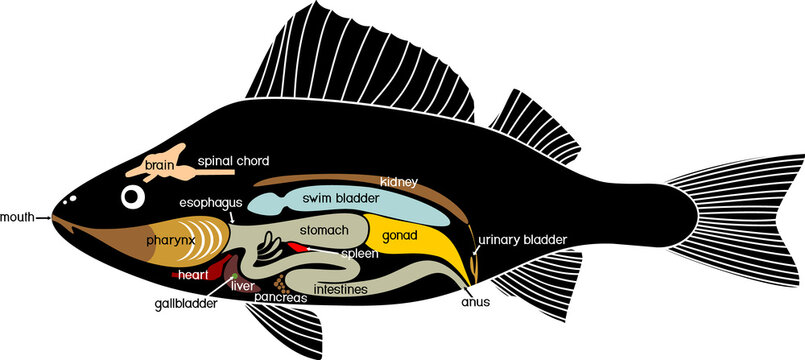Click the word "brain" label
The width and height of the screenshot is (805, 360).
tap(160, 165)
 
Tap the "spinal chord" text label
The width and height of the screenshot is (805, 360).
tap(233, 160)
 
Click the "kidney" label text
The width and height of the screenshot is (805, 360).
tap(397, 182)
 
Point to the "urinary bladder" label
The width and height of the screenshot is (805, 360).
tap(523, 240)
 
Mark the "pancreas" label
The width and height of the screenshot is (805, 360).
tap(281, 298)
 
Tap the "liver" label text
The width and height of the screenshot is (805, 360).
tap(242, 286)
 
